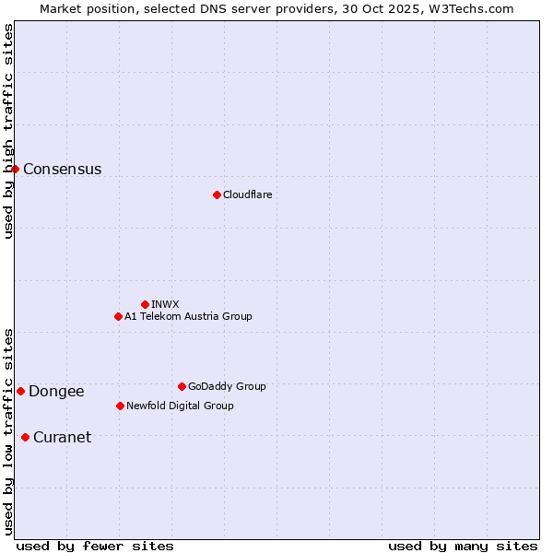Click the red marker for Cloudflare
(x=217, y=194)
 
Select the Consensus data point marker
(x=15, y=169)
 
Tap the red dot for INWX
(x=145, y=304)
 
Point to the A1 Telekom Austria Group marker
(x=118, y=316)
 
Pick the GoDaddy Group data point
(x=182, y=386)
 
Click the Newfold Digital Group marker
(x=120, y=406)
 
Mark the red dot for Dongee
(x=20, y=391)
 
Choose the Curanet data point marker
(x=25, y=437)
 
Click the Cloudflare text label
(x=247, y=194)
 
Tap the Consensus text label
(x=62, y=170)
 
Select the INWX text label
(x=165, y=304)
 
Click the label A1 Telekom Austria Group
(x=188, y=316)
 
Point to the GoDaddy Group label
(x=227, y=386)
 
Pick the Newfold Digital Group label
(x=180, y=406)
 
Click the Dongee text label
(x=56, y=392)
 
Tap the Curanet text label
(x=62, y=438)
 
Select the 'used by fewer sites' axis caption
(x=95, y=546)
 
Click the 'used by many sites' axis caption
(x=463, y=546)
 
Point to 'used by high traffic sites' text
(x=8, y=132)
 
